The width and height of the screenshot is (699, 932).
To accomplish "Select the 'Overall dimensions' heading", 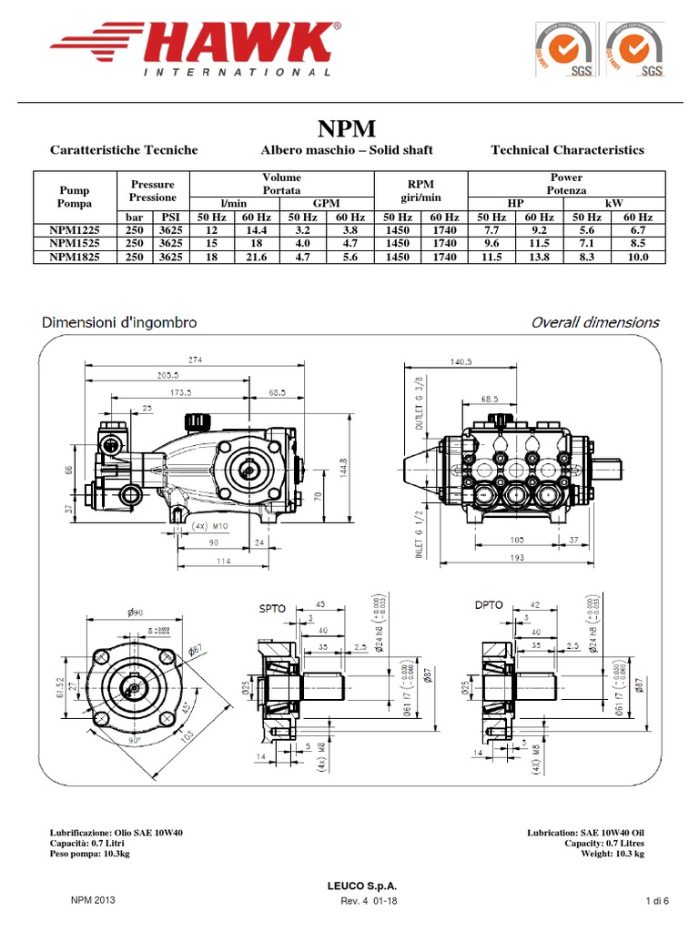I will click(595, 322).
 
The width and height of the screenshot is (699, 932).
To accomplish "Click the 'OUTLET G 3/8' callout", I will click(420, 402).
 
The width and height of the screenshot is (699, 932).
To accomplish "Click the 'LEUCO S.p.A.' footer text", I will click(349, 886).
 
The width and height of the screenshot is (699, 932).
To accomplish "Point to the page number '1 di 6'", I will click(657, 901).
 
